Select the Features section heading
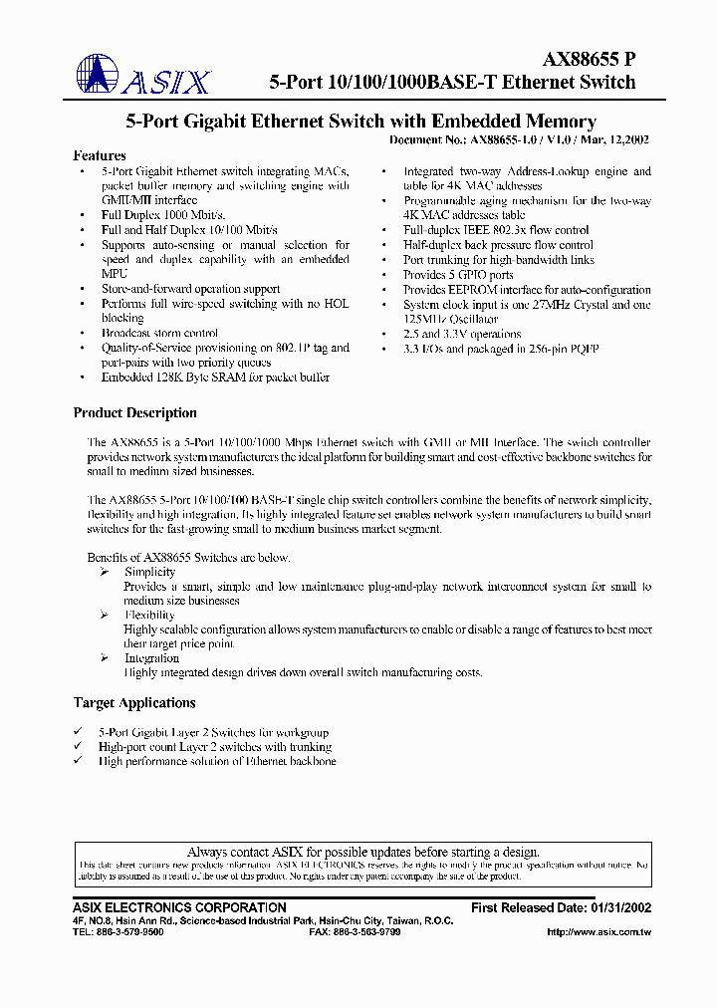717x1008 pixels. pos(100,155)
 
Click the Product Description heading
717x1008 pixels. pos(135,413)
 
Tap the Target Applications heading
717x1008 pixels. pos(134,703)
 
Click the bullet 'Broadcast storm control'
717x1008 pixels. pos(159,334)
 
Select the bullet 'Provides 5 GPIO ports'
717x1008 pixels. pos(458,275)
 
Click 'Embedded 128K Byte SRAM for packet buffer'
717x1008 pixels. pos(215,378)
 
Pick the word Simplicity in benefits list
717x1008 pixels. pos(149,573)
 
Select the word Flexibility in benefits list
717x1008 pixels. pos(149,616)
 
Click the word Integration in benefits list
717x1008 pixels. pos(151,658)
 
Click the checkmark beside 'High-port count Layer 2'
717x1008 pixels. pos(78,746)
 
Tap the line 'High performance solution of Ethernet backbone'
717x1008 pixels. pos(217,761)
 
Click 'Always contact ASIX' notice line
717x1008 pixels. pos(362,852)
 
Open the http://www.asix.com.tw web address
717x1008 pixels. pos(599,933)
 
